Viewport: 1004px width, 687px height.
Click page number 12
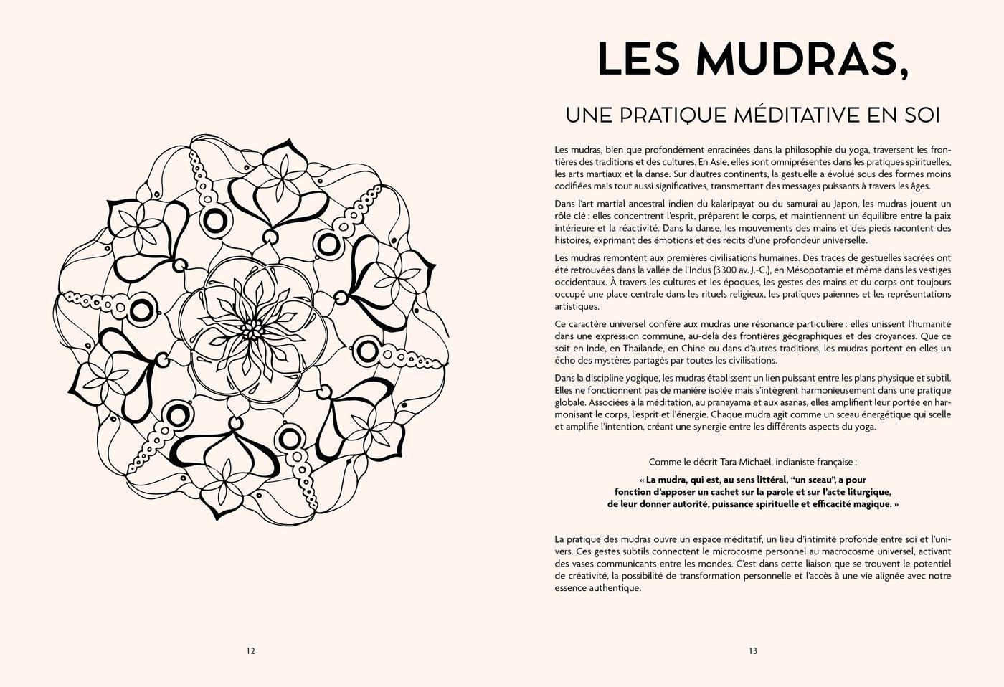pos(250,651)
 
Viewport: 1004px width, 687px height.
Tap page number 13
pos(753,651)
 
